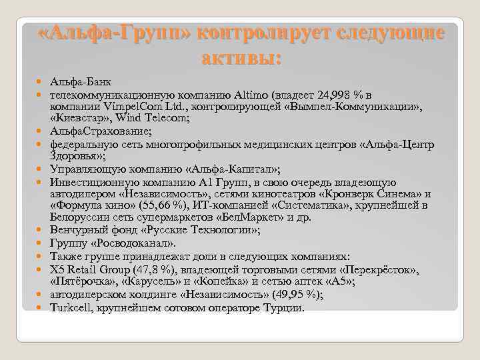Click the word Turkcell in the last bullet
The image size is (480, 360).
click(x=71, y=307)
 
